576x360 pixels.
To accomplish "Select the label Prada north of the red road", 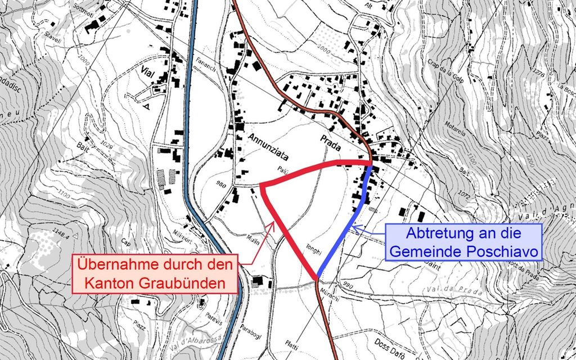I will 332,144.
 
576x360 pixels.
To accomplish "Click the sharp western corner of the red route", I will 262,185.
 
